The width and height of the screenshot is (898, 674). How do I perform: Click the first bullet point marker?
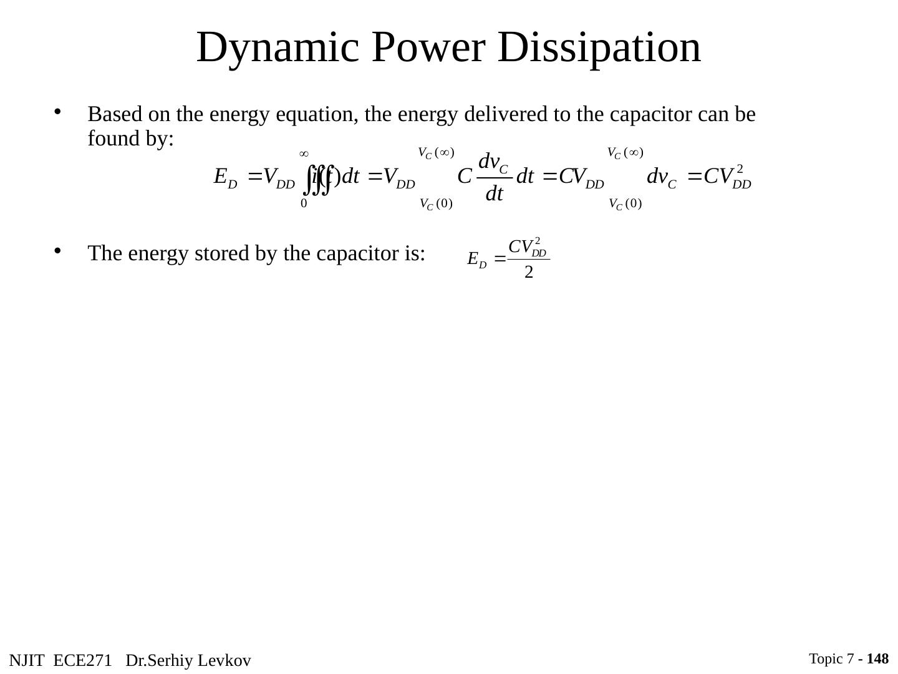point(57,112)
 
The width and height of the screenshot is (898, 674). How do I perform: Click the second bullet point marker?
point(57,250)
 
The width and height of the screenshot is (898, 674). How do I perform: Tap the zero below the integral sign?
point(304,203)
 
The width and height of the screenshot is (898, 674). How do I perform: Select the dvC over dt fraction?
point(494,178)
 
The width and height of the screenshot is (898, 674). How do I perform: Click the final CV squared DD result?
point(727,177)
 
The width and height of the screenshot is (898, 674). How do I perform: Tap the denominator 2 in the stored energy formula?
point(528,273)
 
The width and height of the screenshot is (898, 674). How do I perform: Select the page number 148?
point(877,659)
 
